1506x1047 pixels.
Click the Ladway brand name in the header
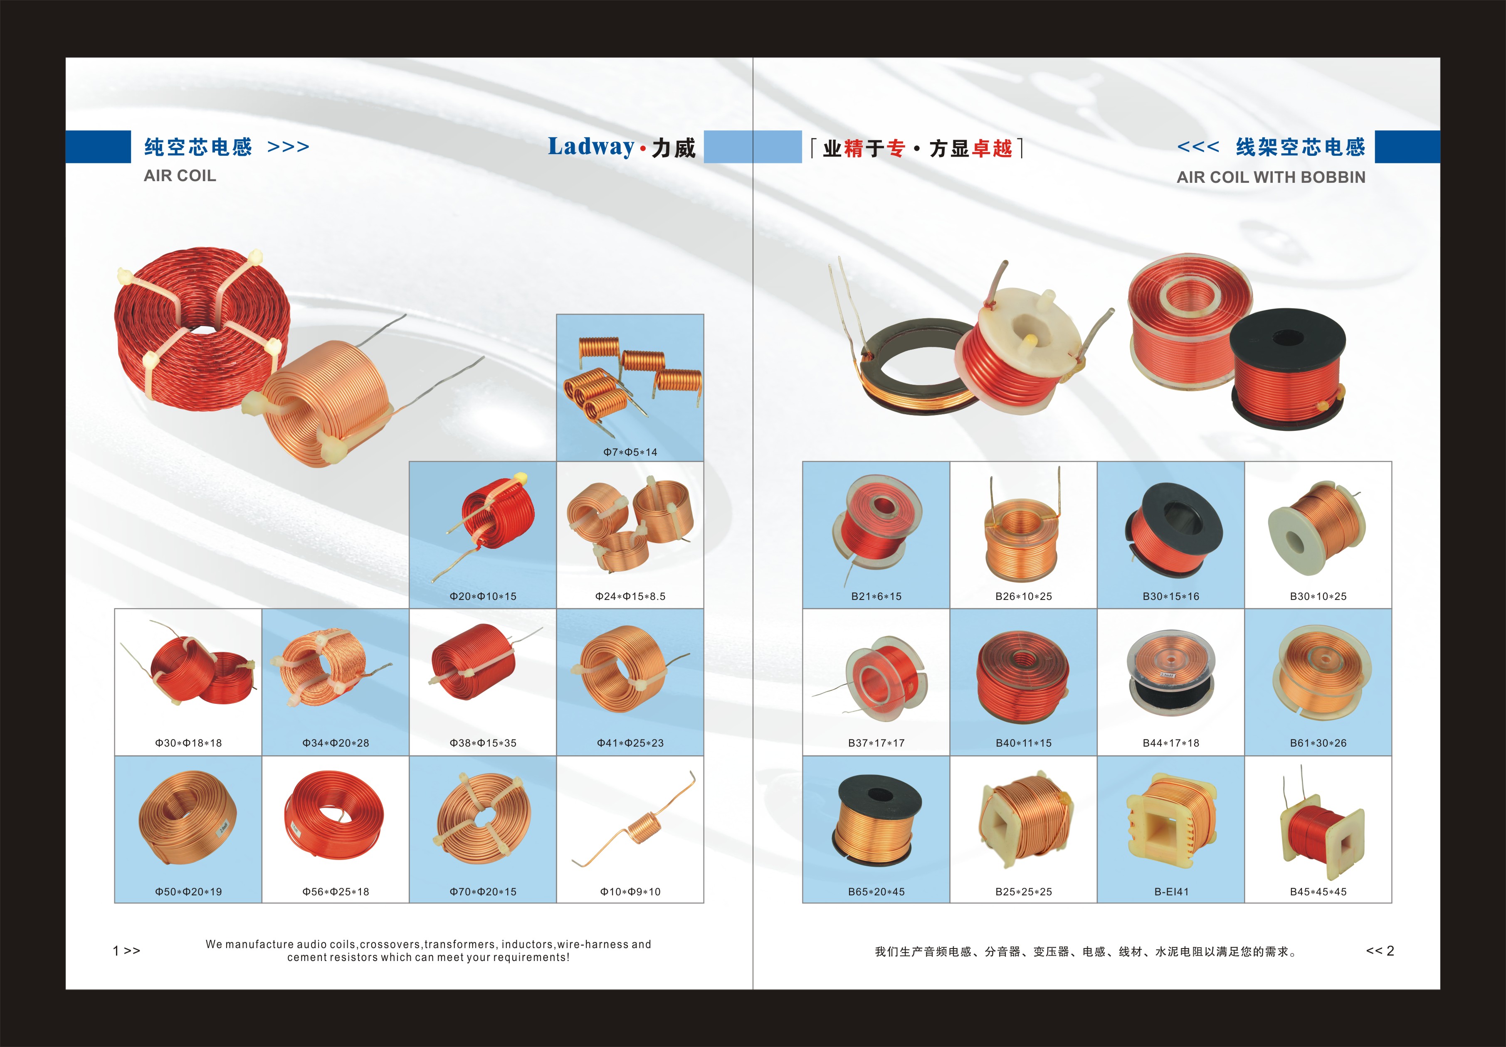click(x=591, y=147)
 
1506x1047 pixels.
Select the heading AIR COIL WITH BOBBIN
click(x=1271, y=177)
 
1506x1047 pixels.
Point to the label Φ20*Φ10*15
click(x=483, y=597)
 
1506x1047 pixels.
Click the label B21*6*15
click(x=876, y=597)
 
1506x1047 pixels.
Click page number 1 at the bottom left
click(x=116, y=951)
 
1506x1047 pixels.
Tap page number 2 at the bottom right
click(x=1390, y=951)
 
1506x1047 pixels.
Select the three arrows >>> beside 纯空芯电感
click(x=288, y=147)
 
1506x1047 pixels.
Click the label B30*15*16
click(x=1171, y=597)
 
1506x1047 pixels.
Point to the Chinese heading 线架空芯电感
click(x=1301, y=147)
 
